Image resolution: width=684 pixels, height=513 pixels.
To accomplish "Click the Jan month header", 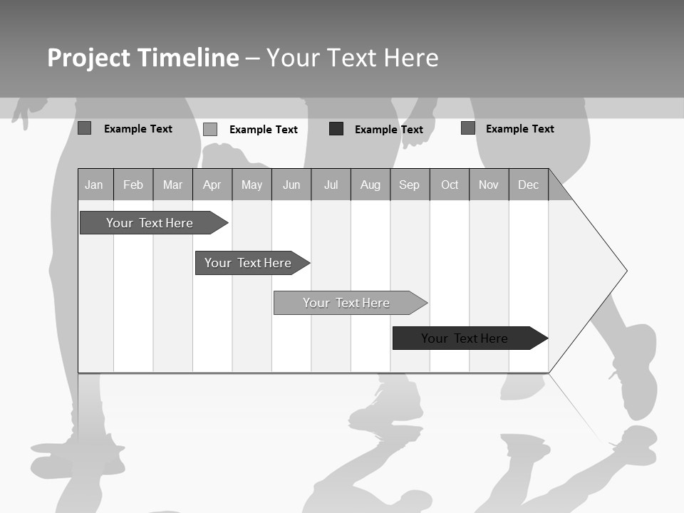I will point(94,185).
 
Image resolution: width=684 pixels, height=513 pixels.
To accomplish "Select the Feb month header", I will point(133,185).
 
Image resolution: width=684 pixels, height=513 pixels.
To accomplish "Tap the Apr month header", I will point(212,185).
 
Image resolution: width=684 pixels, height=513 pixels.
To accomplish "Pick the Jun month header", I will point(291,185).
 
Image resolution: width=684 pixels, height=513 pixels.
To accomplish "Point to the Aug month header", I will point(370,185).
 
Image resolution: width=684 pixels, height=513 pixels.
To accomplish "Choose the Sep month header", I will point(409,185).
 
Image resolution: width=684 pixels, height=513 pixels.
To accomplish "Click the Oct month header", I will point(450,185).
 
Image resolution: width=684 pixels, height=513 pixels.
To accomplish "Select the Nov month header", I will point(489,185).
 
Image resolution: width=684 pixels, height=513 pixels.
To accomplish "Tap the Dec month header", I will point(528,185).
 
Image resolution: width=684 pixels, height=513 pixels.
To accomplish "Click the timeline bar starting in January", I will point(150,223).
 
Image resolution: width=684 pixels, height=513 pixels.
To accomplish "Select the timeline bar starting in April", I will point(248,263).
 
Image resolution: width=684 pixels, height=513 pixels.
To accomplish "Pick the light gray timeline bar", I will point(346,303).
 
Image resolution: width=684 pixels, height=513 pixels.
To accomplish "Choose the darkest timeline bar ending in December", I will point(465,338).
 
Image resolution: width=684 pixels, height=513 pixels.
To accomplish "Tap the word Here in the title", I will point(411,58).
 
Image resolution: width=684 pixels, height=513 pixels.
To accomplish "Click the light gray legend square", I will point(210,129).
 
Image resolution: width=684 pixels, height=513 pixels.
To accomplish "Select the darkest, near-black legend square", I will point(336,129).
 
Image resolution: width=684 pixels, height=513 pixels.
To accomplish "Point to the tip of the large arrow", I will point(625,271).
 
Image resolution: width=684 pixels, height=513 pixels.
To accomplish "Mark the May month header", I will point(252,185).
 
